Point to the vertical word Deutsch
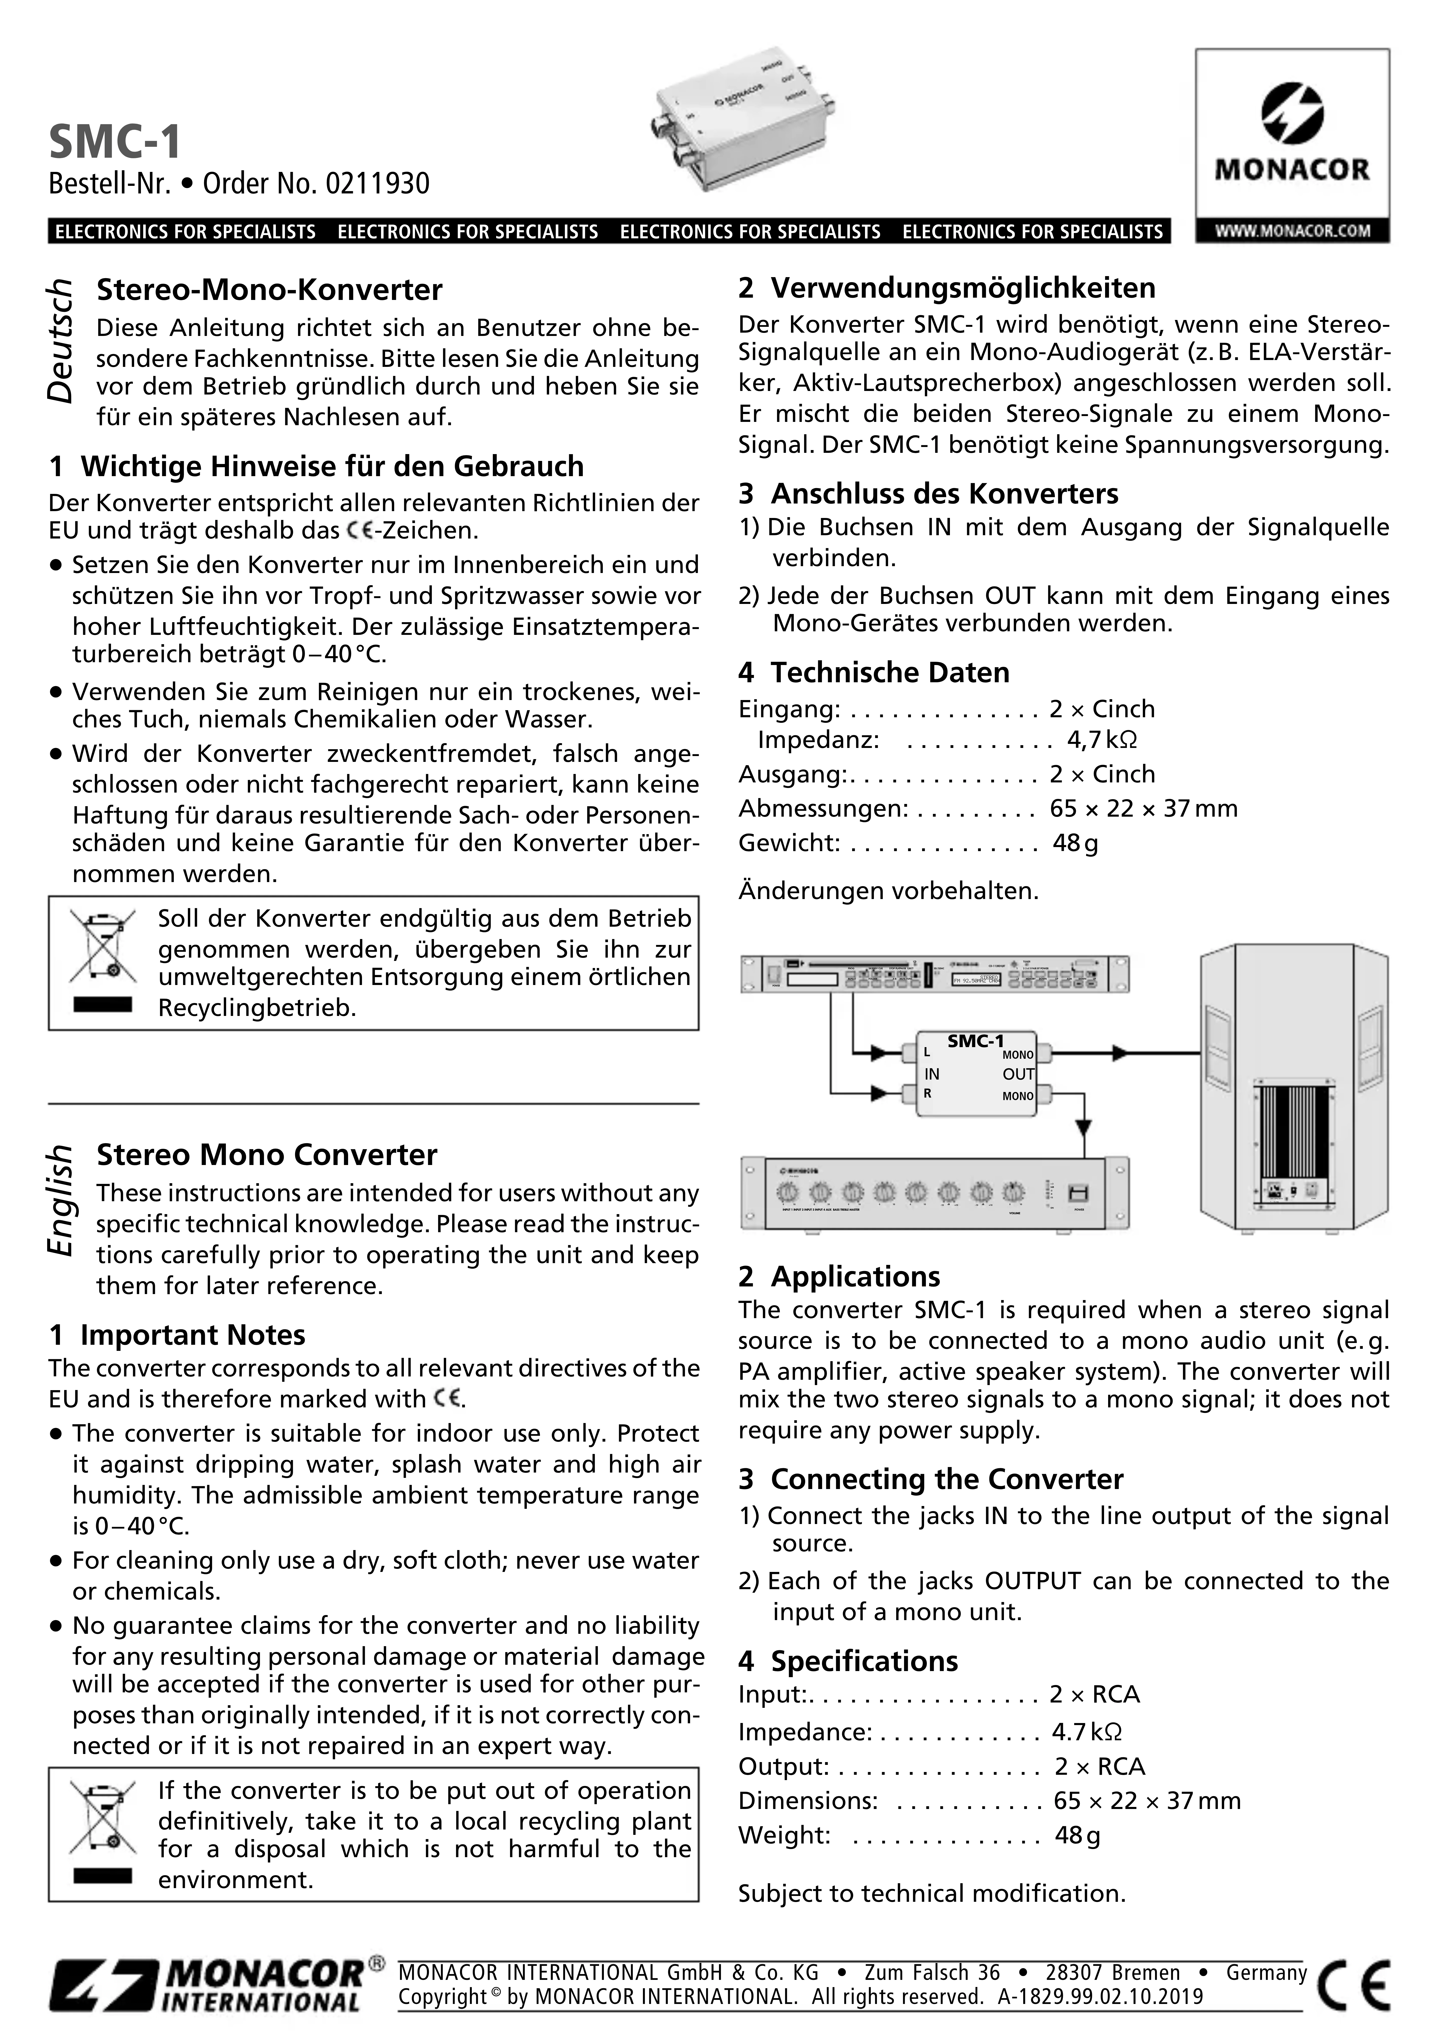(61, 341)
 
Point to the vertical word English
(61, 1199)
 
